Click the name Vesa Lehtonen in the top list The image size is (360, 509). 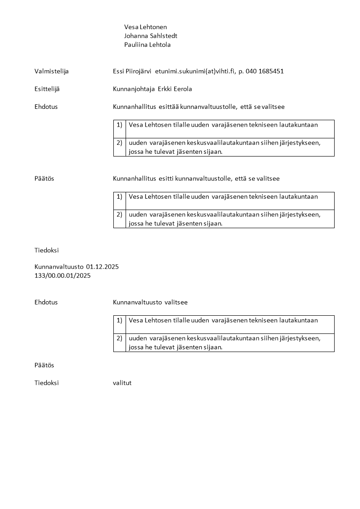(x=146, y=27)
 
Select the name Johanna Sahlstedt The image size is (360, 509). (x=151, y=36)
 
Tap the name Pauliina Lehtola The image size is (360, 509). (x=147, y=45)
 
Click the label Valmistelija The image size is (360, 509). (x=52, y=71)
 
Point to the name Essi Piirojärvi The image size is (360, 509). (x=132, y=71)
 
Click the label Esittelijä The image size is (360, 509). (x=47, y=89)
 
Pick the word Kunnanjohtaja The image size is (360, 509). (x=133, y=89)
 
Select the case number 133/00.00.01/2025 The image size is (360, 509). (x=63, y=275)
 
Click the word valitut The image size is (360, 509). (x=122, y=383)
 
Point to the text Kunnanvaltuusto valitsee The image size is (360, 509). (x=150, y=302)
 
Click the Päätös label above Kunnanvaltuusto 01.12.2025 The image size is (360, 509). (x=44, y=179)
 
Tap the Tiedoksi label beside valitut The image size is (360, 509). (x=47, y=383)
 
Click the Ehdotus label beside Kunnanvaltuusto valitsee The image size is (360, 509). (x=46, y=302)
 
